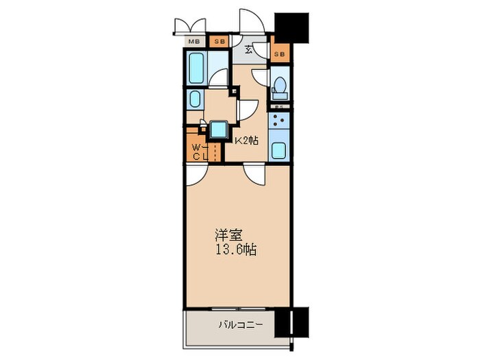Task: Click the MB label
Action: [194, 42]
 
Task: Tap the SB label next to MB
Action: [219, 42]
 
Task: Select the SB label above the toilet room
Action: [280, 53]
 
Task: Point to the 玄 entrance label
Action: [250, 49]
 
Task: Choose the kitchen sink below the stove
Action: [280, 150]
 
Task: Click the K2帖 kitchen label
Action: [247, 141]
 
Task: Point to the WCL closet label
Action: [196, 152]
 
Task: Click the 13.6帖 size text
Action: [234, 250]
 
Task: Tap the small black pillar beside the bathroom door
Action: [235, 90]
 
